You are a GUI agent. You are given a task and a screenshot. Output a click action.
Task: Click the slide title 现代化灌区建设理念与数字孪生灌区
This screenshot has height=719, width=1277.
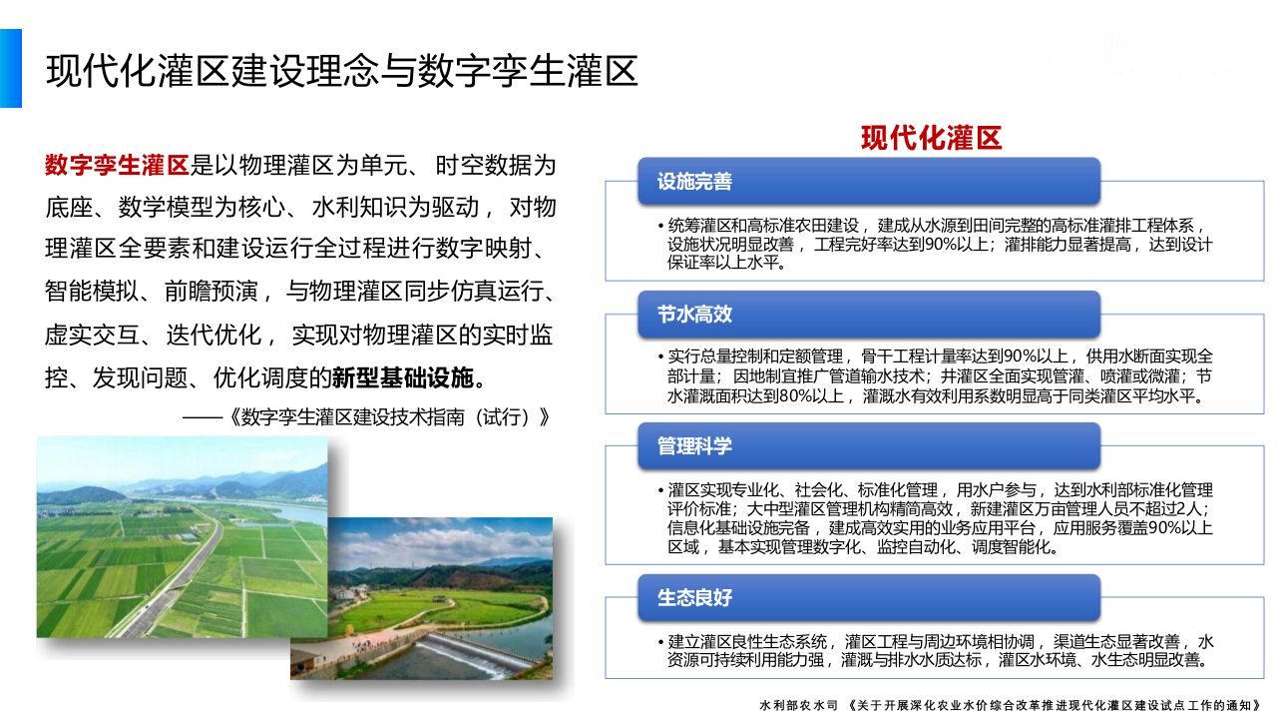tap(342, 71)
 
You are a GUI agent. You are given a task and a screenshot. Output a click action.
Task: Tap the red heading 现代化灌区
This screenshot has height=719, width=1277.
tap(931, 138)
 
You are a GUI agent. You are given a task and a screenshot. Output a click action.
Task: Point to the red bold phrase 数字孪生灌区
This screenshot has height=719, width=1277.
tap(117, 165)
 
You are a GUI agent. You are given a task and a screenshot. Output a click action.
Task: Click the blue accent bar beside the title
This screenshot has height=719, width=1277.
tap(10, 68)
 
